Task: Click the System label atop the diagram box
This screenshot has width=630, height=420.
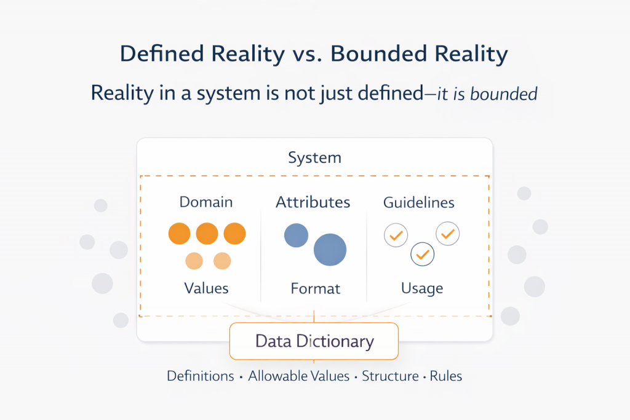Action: point(314,158)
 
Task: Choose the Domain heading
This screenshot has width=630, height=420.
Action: point(206,202)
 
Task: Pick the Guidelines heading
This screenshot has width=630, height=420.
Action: point(419,202)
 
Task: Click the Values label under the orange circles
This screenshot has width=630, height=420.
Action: point(206,288)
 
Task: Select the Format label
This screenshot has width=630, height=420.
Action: point(315,288)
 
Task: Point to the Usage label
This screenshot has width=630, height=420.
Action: point(421,288)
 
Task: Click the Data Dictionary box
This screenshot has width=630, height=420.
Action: point(314,341)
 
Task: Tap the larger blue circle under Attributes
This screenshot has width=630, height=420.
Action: point(330,250)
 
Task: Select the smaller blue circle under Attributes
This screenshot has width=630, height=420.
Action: point(296,236)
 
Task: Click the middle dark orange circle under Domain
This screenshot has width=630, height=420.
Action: point(207,234)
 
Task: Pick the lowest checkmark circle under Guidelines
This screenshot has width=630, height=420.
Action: point(423,253)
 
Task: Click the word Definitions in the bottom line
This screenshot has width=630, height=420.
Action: point(200,376)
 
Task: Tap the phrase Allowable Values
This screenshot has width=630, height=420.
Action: point(298,376)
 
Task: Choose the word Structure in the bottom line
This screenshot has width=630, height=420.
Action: point(391,376)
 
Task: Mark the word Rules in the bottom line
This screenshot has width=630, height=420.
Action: point(445,376)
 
